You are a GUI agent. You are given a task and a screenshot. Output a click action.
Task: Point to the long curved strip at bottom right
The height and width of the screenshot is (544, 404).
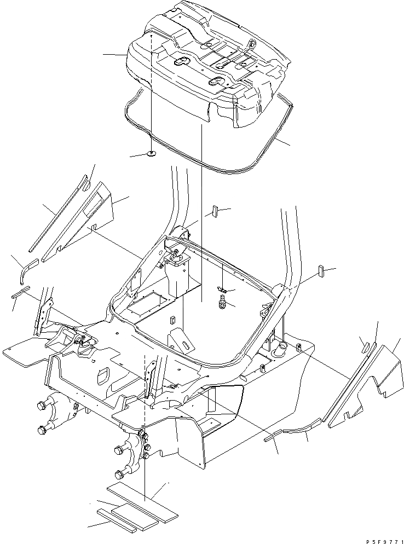tap(298, 427)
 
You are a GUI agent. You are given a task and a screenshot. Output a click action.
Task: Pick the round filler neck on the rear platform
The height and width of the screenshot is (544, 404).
tap(282, 346)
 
